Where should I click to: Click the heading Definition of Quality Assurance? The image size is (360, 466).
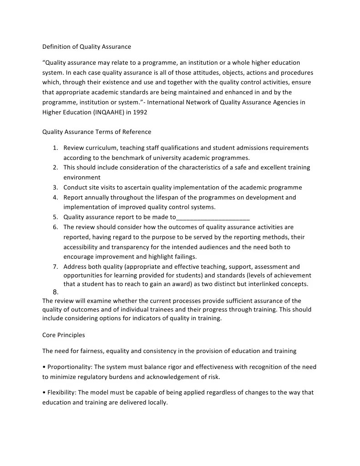click(x=86, y=46)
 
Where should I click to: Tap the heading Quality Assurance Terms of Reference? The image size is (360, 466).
click(x=96, y=132)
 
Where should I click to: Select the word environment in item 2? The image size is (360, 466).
click(x=82, y=177)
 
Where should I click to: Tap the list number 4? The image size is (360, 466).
click(x=55, y=197)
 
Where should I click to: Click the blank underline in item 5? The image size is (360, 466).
click(x=213, y=217)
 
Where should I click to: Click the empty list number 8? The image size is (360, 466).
click(x=55, y=292)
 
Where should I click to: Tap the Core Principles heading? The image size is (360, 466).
click(x=63, y=335)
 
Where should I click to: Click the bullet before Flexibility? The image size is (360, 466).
click(x=44, y=393)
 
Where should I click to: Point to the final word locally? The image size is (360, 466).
click(x=156, y=403)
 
